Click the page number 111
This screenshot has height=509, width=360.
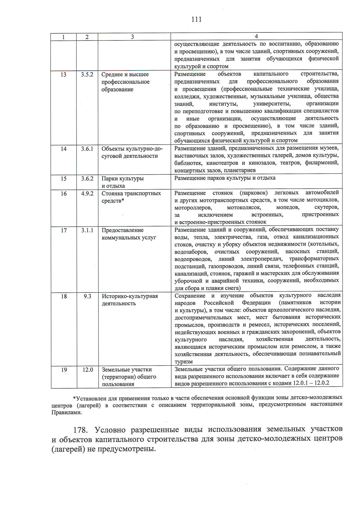click(x=196, y=19)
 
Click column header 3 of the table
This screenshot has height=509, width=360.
click(x=132, y=37)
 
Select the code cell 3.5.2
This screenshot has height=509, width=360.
click(x=87, y=74)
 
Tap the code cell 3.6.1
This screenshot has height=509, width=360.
click(x=87, y=149)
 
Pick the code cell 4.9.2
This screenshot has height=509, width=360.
click(x=87, y=193)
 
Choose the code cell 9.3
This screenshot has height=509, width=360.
click(x=87, y=296)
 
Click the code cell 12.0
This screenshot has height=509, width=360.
click(x=88, y=370)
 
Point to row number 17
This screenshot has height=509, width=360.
click(x=64, y=230)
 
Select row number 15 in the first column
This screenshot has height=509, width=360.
click(x=64, y=179)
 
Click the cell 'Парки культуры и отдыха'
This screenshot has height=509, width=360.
click(x=122, y=182)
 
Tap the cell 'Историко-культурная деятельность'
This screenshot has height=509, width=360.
click(x=130, y=300)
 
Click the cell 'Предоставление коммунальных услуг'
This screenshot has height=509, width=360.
click(x=129, y=234)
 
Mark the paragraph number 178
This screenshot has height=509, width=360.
click(x=80, y=430)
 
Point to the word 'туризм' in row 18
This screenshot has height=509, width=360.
click(x=184, y=362)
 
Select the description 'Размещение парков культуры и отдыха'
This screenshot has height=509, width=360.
click(x=225, y=178)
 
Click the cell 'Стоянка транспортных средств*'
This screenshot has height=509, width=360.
click(x=131, y=197)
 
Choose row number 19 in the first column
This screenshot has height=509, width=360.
click(x=64, y=370)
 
